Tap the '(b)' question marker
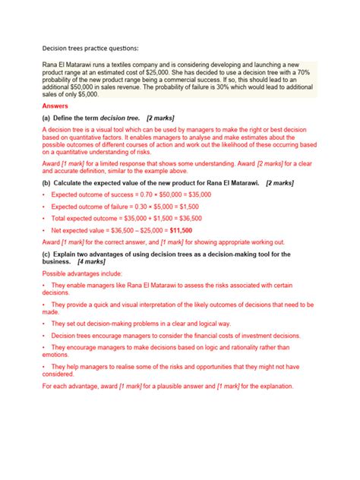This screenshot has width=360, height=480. point(47,183)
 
